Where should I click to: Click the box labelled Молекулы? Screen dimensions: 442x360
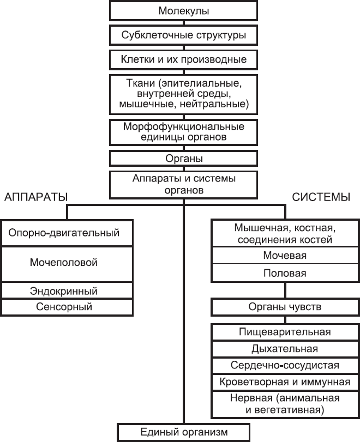(184, 11)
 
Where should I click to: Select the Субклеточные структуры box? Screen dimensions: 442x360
(184, 36)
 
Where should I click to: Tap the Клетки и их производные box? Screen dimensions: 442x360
(184, 59)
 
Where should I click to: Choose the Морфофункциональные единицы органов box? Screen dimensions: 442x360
(184, 131)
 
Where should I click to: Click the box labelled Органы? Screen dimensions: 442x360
(184, 159)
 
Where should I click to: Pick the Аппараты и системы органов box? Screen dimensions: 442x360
(184, 184)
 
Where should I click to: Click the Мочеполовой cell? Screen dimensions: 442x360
(63, 263)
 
